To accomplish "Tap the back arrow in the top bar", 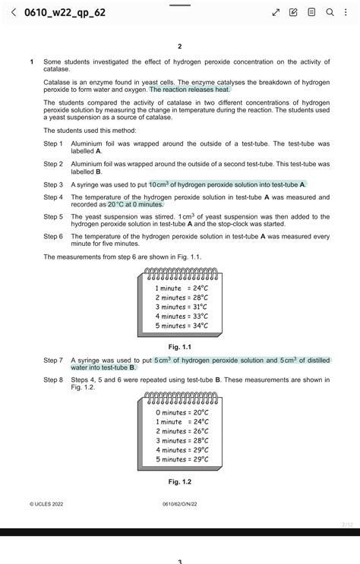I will (12, 13).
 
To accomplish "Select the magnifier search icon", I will (330, 13).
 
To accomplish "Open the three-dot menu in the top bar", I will (347, 13).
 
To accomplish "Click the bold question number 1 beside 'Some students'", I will (31, 61).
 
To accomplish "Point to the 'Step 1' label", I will (53, 143).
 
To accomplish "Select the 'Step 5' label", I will (53, 216).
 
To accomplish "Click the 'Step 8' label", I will (53, 380).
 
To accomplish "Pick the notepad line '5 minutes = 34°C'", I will (181, 326).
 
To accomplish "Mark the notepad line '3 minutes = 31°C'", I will (181, 307).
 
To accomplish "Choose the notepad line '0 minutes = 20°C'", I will (181, 412).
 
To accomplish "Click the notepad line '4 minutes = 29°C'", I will (181, 450).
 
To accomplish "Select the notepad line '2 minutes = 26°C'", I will (181, 431).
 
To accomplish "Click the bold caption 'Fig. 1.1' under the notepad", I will (180, 347).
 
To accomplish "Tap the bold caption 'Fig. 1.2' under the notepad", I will (180, 481).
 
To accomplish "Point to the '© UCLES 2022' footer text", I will (47, 503).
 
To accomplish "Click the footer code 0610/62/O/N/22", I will (180, 503).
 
